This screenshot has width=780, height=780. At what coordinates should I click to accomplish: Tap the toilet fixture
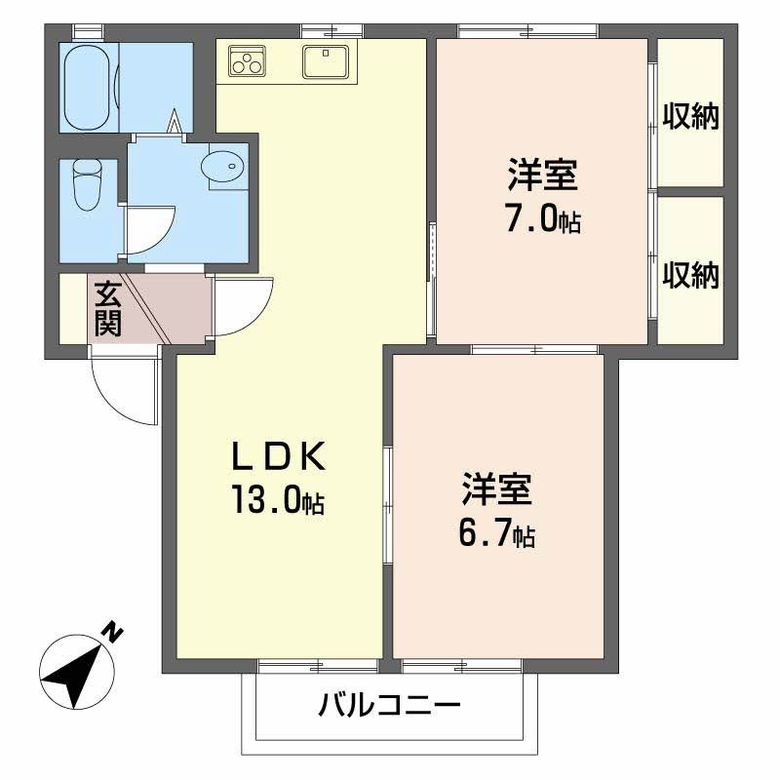(x=88, y=183)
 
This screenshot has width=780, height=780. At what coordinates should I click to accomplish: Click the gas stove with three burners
(x=247, y=61)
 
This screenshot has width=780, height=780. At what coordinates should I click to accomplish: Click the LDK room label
(x=278, y=455)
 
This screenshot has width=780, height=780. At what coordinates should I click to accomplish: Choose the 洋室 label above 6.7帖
(x=496, y=488)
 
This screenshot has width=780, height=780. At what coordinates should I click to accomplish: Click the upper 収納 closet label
(x=691, y=117)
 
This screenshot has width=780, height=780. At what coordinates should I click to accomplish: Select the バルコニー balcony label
(x=389, y=705)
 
